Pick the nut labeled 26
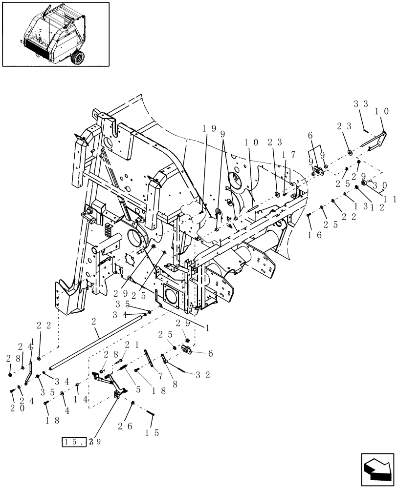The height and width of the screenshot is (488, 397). (x=132, y=403)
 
